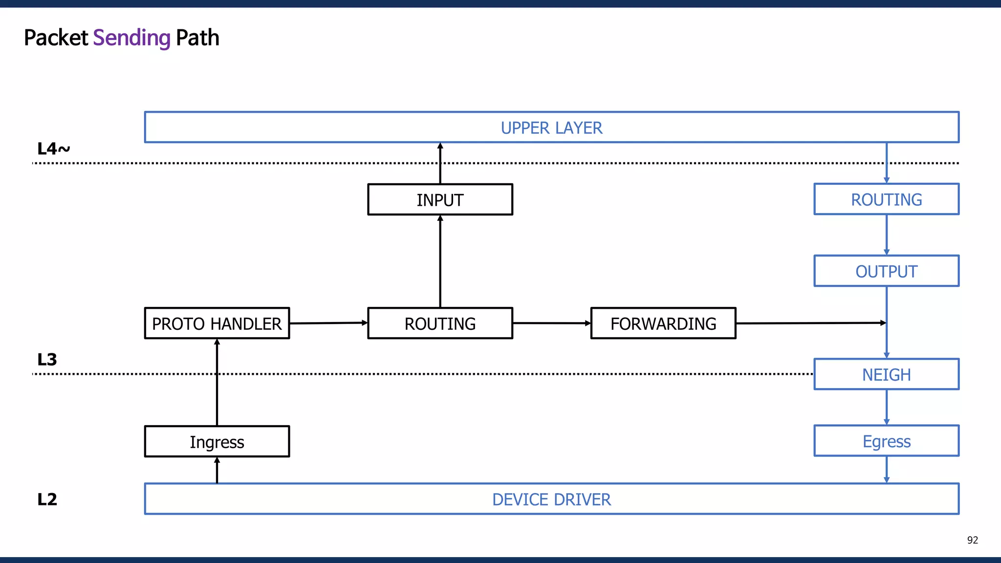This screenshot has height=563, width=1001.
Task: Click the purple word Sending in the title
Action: pos(131,38)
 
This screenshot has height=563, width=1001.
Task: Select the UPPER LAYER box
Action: pos(551,128)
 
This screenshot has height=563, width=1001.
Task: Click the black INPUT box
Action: pos(440,199)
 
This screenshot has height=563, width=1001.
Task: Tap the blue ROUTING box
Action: pos(886,199)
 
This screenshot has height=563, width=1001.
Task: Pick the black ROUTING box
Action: pos(440,323)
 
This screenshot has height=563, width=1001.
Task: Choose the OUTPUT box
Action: pos(886,271)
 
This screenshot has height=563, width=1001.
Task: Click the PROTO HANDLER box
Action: pos(217,323)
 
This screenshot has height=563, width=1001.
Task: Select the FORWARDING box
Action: pos(663,323)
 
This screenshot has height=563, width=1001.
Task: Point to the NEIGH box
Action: pos(886,374)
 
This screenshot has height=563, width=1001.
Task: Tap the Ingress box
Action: pos(217,441)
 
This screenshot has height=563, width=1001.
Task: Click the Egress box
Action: pos(886,441)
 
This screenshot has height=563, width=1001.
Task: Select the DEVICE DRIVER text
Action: pos(551,499)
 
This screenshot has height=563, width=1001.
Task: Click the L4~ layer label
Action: pos(53,149)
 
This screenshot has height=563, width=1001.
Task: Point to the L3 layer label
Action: pos(47,360)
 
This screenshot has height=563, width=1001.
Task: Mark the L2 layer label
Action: pos(47,499)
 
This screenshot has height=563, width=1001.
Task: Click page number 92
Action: pos(972,540)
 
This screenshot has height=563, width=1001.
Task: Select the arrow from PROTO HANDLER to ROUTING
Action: pos(328,323)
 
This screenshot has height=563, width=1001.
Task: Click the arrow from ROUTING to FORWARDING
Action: pos(551,323)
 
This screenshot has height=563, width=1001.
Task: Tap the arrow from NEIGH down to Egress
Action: pos(887,407)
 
